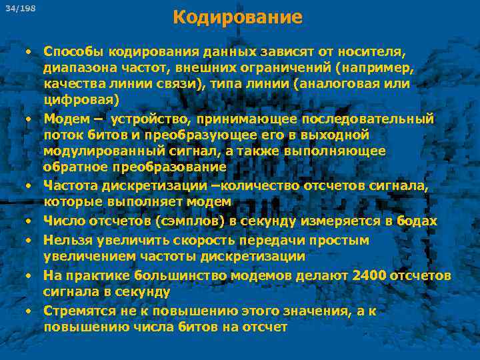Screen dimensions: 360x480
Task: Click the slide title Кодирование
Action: pyautogui.click(x=237, y=17)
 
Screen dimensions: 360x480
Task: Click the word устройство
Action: pyautogui.click(x=151, y=119)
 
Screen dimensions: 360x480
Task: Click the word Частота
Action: pyautogui.click(x=71, y=185)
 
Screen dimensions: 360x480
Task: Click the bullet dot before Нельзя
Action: pyautogui.click(x=30, y=239)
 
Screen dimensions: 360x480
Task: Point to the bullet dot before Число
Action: pyautogui.click(x=30, y=221)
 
